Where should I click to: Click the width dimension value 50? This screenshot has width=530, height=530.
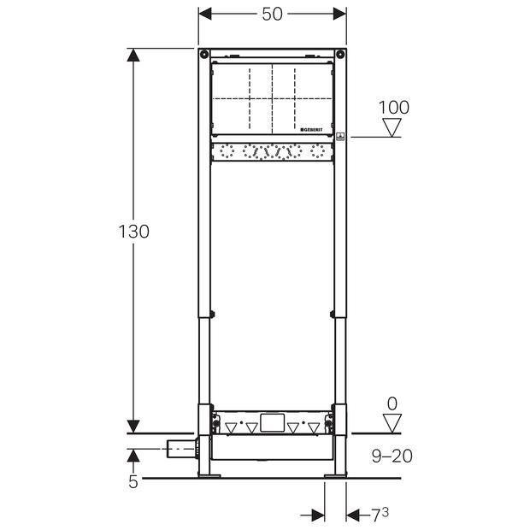tap(272, 14)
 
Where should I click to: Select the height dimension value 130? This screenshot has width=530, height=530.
tap(134, 232)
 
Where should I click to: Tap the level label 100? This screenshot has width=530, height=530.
tap(394, 108)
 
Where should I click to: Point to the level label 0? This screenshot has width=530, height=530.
tap(392, 403)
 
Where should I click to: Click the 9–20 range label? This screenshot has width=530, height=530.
tap(392, 456)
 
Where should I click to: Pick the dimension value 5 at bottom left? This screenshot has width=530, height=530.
tap(133, 481)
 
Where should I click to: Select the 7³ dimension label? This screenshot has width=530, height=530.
tap(380, 515)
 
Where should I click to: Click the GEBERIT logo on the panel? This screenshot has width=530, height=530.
tap(312, 129)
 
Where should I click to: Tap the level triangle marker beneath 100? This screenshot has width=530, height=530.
tap(392, 127)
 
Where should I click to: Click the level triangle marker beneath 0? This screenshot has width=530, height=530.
tap(392, 423)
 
